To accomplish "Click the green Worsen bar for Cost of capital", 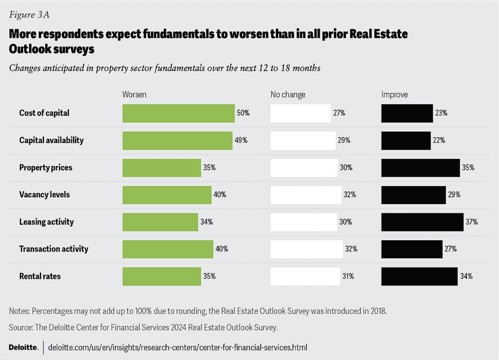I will click(178, 113).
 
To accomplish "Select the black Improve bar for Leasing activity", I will click(422, 222).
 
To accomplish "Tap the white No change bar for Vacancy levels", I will click(306, 195).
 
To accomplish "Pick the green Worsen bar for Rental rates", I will click(162, 276).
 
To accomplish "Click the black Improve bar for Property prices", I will click(420, 168).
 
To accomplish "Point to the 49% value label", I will click(241, 140).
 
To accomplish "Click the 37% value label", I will click(472, 222).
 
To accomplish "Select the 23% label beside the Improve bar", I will click(441, 113).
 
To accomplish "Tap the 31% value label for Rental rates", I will click(348, 276).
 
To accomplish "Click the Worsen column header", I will click(134, 95).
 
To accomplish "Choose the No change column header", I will click(288, 95).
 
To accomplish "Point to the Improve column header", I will click(394, 95).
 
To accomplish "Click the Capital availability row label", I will click(51, 140).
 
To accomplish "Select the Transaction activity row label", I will click(53, 249).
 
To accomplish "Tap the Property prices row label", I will click(46, 168).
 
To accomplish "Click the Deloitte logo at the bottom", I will click(23, 347).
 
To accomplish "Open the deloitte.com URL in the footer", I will click(177, 348).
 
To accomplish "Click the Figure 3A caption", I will click(29, 15).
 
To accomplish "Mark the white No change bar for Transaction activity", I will click(306, 249).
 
